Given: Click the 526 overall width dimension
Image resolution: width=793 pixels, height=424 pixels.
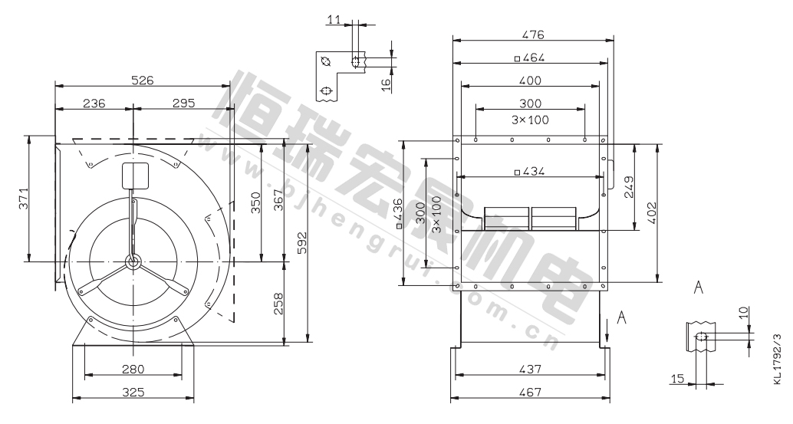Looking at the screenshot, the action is (142, 80).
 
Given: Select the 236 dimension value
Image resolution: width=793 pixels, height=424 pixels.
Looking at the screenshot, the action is (94, 103).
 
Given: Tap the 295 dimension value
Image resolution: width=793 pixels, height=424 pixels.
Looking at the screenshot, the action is (183, 103).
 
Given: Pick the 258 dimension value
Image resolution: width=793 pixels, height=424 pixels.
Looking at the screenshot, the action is (278, 304).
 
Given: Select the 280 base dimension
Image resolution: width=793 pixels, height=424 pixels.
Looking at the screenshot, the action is (133, 370).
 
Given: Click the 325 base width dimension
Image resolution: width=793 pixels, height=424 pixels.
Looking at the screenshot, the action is (133, 392).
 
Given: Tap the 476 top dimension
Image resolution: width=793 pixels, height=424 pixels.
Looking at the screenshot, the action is (532, 35).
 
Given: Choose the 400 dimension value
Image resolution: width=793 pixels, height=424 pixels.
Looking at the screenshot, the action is (530, 81).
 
